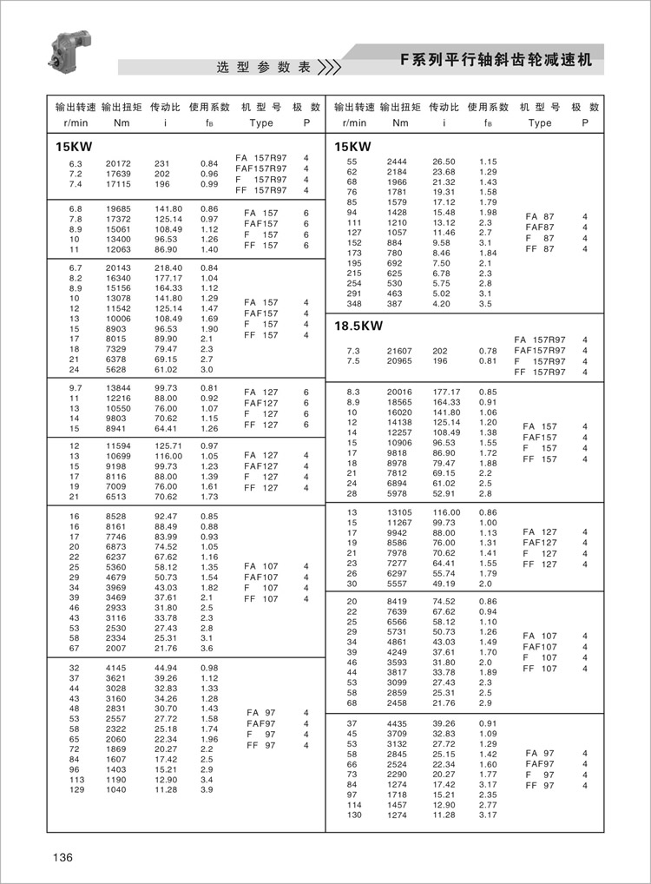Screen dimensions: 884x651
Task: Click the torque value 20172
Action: pyautogui.click(x=118, y=163)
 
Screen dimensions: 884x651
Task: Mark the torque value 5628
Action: pyautogui.click(x=118, y=368)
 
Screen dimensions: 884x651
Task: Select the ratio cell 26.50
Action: pyautogui.click(x=444, y=162)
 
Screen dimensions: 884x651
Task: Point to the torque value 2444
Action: pyautogui.click(x=397, y=162)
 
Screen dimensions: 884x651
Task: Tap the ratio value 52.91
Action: pyautogui.click(x=444, y=493)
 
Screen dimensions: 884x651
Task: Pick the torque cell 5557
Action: pyautogui.click(x=397, y=584)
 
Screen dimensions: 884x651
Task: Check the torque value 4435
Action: pyautogui.click(x=397, y=722)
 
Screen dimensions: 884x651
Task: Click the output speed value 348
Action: pyautogui.click(x=352, y=304)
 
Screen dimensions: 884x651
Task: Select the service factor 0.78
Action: pyautogui.click(x=488, y=351)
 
